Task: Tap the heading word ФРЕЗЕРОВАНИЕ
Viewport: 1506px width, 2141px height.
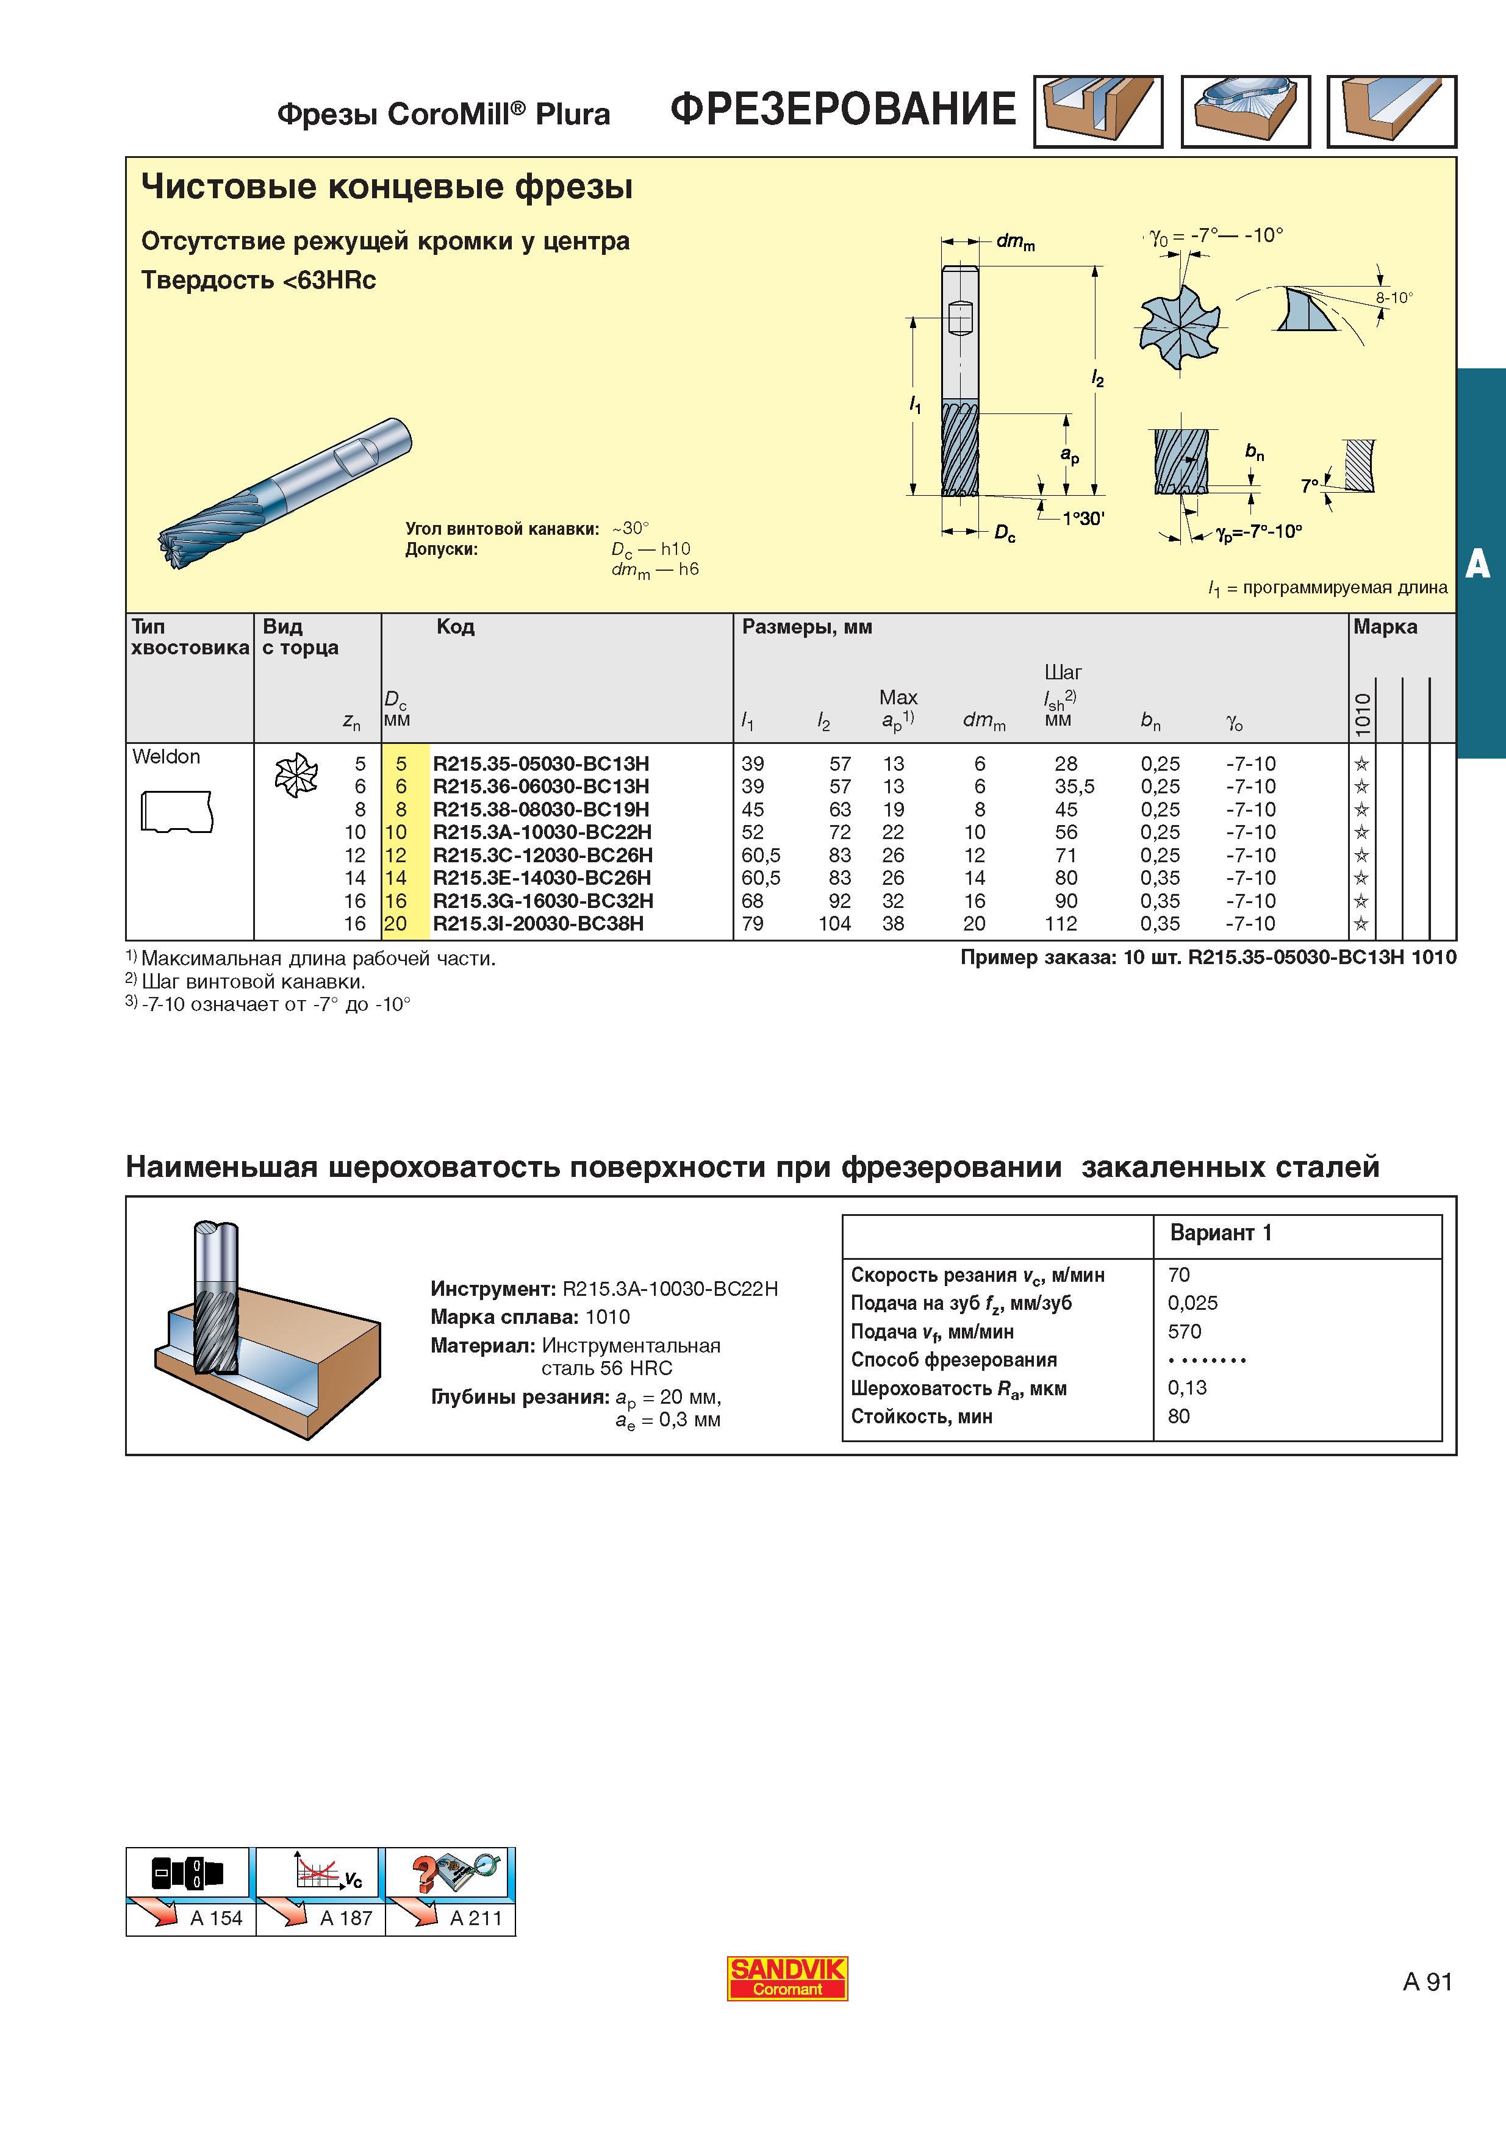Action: point(843,109)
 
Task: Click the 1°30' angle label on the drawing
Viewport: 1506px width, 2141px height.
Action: point(1083,518)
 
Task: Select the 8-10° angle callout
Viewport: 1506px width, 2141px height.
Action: point(1394,298)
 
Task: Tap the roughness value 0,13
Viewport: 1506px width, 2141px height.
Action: point(1187,1387)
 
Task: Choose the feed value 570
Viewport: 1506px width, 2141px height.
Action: point(1185,1332)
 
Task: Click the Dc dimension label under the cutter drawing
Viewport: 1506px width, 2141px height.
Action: point(1005,534)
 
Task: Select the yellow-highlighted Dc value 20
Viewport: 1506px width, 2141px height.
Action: point(396,923)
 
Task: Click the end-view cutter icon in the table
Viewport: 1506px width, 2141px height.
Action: point(296,776)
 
